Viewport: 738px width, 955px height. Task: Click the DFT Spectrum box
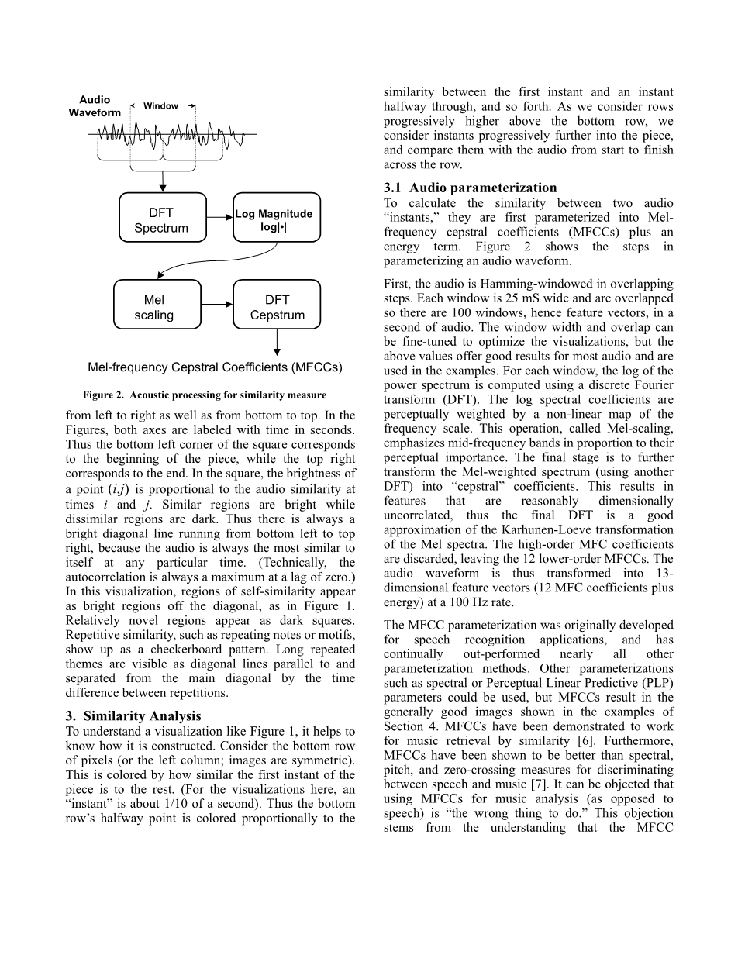(162, 219)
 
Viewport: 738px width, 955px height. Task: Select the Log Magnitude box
(277, 219)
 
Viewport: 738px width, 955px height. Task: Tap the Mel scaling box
(158, 307)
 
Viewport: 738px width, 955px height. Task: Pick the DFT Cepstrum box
(277, 307)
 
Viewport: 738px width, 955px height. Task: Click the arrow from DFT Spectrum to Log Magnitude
(219, 218)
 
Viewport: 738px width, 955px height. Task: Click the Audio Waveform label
(95, 106)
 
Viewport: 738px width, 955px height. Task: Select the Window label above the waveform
(161, 106)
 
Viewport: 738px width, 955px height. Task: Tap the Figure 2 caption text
(205, 395)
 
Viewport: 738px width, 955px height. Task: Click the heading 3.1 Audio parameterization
(470, 188)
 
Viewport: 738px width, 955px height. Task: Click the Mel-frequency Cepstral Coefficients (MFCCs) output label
(215, 367)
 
